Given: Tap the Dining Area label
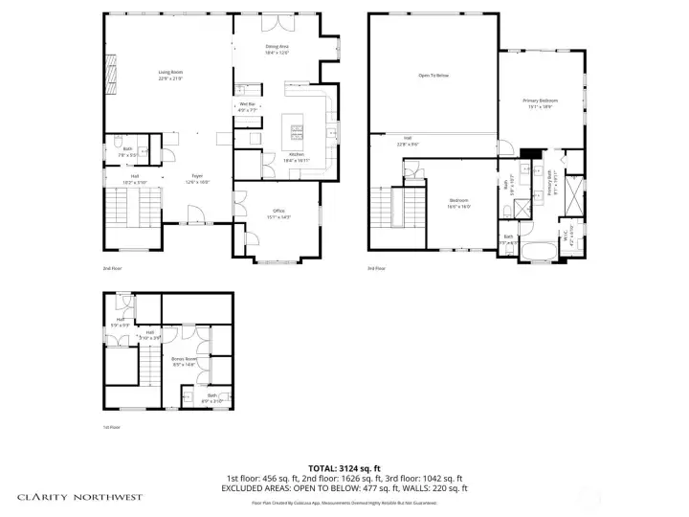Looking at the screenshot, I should point(277,49).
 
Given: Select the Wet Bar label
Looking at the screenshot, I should point(247,106).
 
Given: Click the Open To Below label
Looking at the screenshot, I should point(433,75).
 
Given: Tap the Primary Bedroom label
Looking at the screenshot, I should point(540,102).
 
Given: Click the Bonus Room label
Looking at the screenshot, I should point(184,361).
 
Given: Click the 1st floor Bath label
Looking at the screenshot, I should point(213,397).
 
